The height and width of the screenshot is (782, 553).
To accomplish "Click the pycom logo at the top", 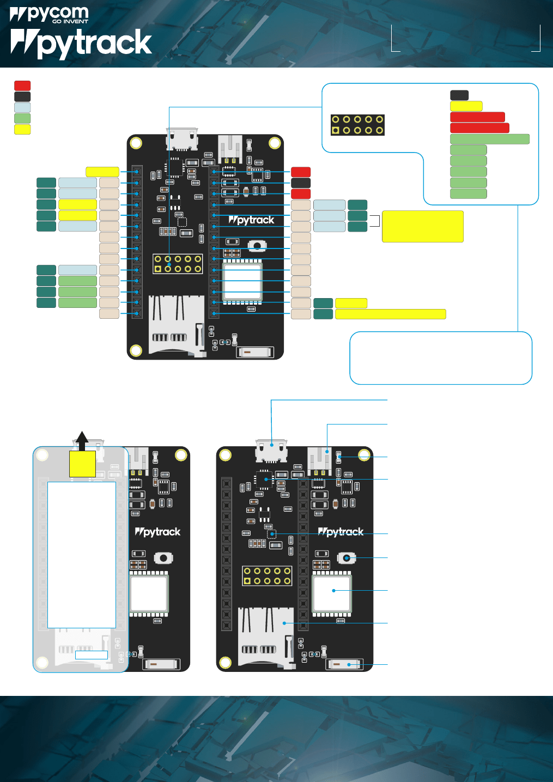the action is [49, 15].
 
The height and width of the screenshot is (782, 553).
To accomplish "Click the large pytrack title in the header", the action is [81, 44].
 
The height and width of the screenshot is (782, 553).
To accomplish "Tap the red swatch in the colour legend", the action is [22, 86].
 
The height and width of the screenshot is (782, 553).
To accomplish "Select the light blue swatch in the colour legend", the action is [22, 107].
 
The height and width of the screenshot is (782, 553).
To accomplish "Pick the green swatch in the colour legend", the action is [22, 118].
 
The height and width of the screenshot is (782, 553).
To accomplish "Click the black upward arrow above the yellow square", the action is [82, 440].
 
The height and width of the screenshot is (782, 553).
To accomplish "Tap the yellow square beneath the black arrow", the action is [82, 464].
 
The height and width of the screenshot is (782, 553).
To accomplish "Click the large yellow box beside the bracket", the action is [423, 226].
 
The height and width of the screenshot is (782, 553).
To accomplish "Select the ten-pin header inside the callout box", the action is [357, 125].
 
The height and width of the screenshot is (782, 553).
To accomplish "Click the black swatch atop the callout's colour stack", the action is [459, 95].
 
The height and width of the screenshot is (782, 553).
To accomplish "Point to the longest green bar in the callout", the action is [490, 139].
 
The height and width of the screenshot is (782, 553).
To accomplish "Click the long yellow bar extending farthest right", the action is [390, 314].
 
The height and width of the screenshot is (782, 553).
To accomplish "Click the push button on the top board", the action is [257, 246].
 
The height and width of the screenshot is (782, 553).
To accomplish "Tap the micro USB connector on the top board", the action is [181, 139].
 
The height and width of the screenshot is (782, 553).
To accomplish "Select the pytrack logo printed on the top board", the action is [251, 220].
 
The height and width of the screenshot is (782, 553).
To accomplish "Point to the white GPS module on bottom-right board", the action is [332, 594].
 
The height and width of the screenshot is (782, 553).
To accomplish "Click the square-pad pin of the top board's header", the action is [158, 269].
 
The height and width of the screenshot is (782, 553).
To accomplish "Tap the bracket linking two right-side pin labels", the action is [375, 221].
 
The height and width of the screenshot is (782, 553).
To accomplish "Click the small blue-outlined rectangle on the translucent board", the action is [92, 655].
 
